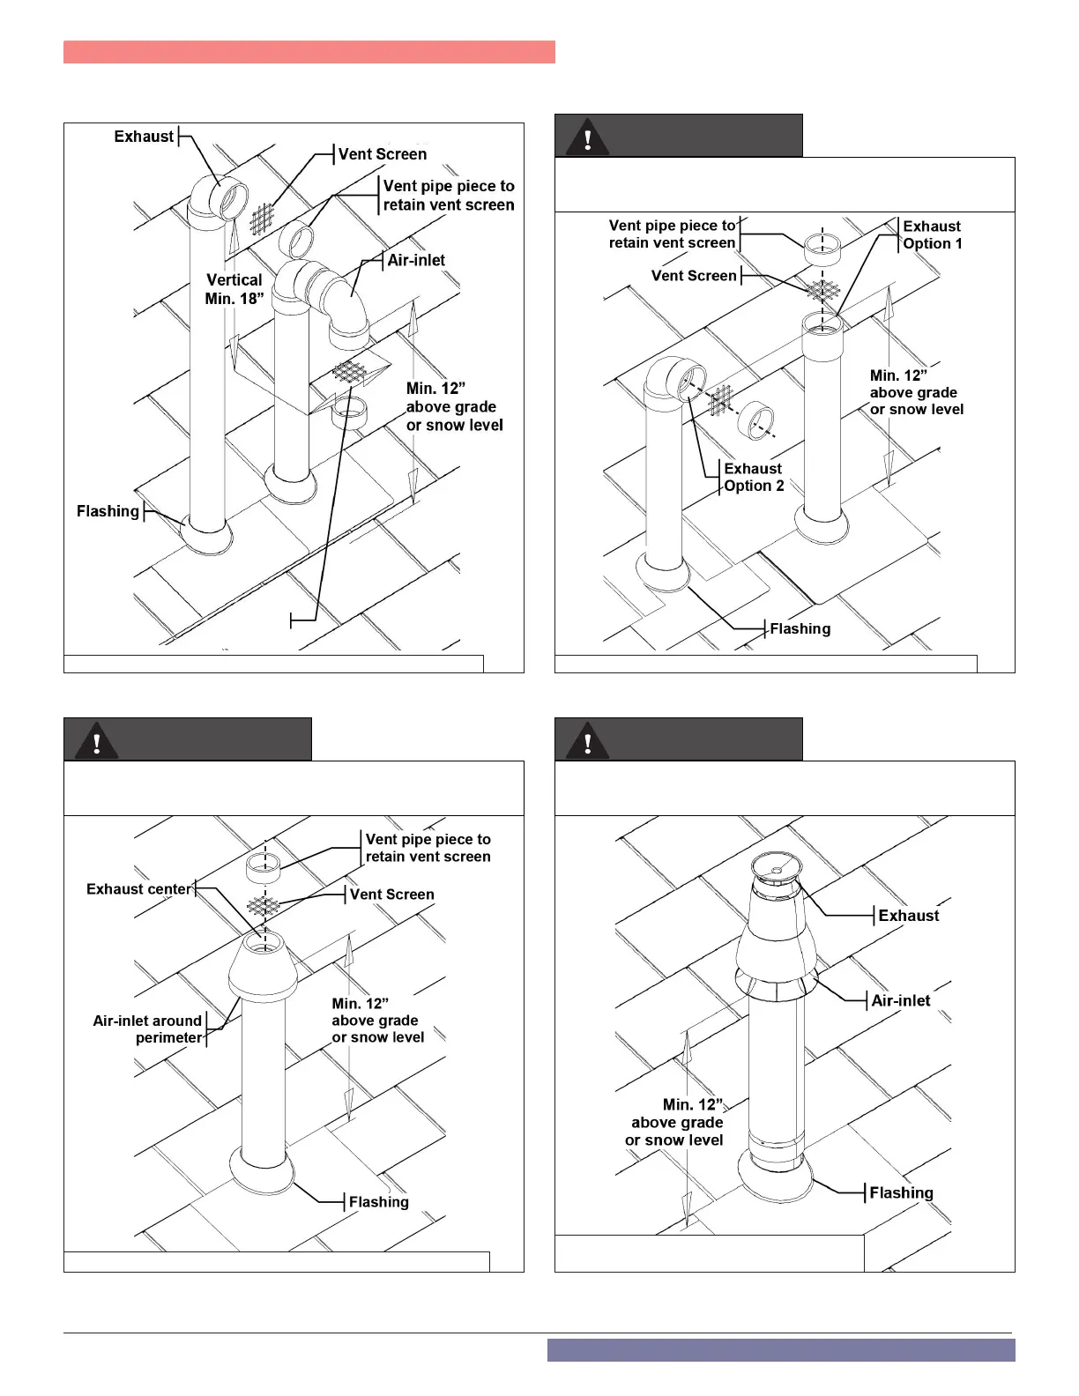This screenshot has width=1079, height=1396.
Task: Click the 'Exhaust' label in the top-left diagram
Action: (144, 137)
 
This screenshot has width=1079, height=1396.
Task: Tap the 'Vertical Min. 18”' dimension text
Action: (234, 289)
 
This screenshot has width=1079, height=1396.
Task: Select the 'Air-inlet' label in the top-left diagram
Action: (416, 260)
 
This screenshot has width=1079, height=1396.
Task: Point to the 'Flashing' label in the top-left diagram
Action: (108, 511)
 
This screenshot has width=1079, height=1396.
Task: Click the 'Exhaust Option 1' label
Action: (932, 234)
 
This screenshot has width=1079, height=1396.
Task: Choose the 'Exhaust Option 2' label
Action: (754, 477)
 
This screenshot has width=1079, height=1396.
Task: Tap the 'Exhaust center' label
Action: (138, 889)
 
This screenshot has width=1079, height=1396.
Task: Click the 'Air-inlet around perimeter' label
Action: (148, 1029)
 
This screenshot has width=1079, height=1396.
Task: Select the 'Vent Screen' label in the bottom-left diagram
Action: (391, 895)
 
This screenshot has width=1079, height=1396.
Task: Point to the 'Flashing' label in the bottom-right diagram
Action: (901, 1192)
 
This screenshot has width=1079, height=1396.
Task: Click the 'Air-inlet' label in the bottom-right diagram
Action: (900, 1000)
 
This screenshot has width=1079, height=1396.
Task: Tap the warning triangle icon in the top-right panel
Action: (587, 137)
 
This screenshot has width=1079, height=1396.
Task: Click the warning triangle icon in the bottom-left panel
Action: (97, 740)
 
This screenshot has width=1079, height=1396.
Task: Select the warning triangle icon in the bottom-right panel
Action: (587, 740)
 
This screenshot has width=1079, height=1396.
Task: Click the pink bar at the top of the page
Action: (309, 52)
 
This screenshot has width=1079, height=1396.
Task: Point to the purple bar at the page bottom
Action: (780, 1350)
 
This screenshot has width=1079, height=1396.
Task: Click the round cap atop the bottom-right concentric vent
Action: (776, 868)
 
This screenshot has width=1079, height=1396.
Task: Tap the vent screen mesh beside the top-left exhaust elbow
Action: (263, 219)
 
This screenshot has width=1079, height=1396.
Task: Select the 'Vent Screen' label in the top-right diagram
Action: (694, 276)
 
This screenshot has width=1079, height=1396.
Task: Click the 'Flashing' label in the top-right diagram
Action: (800, 628)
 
